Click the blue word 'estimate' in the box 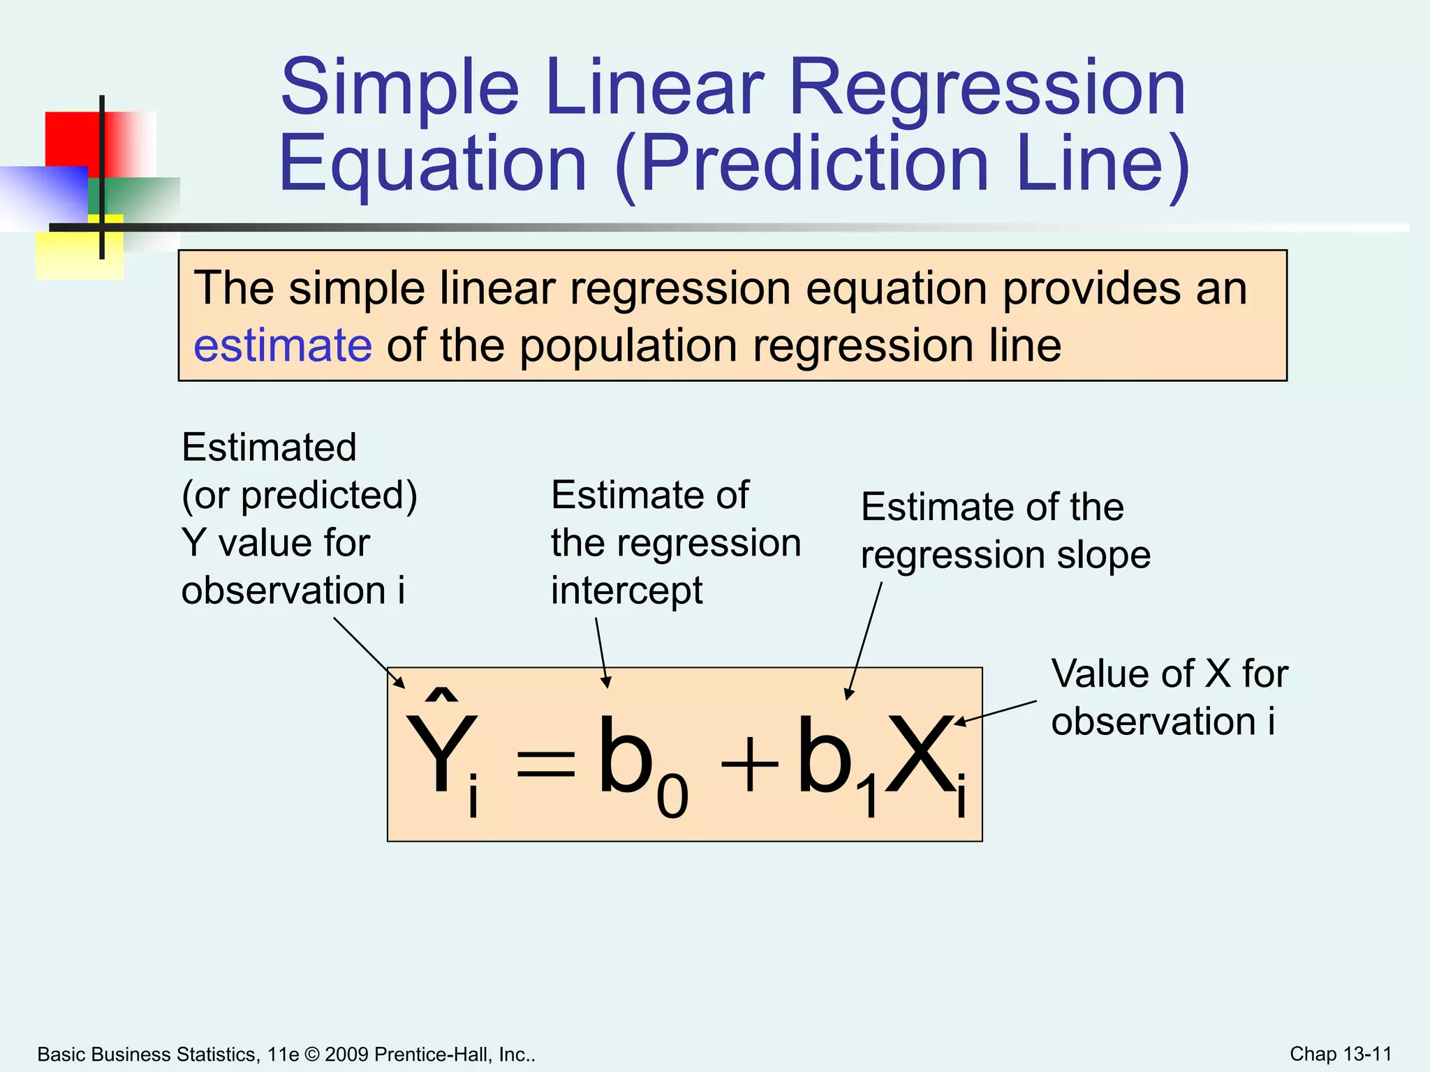[x=282, y=345]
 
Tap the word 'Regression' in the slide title [x=987, y=89]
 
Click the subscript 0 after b [x=672, y=797]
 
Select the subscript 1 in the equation [x=869, y=798]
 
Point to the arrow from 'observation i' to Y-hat [x=369, y=653]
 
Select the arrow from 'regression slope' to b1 [x=864, y=640]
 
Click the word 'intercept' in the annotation [x=626, y=590]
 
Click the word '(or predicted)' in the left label [x=299, y=496]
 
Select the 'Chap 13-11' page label [x=1340, y=1054]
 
